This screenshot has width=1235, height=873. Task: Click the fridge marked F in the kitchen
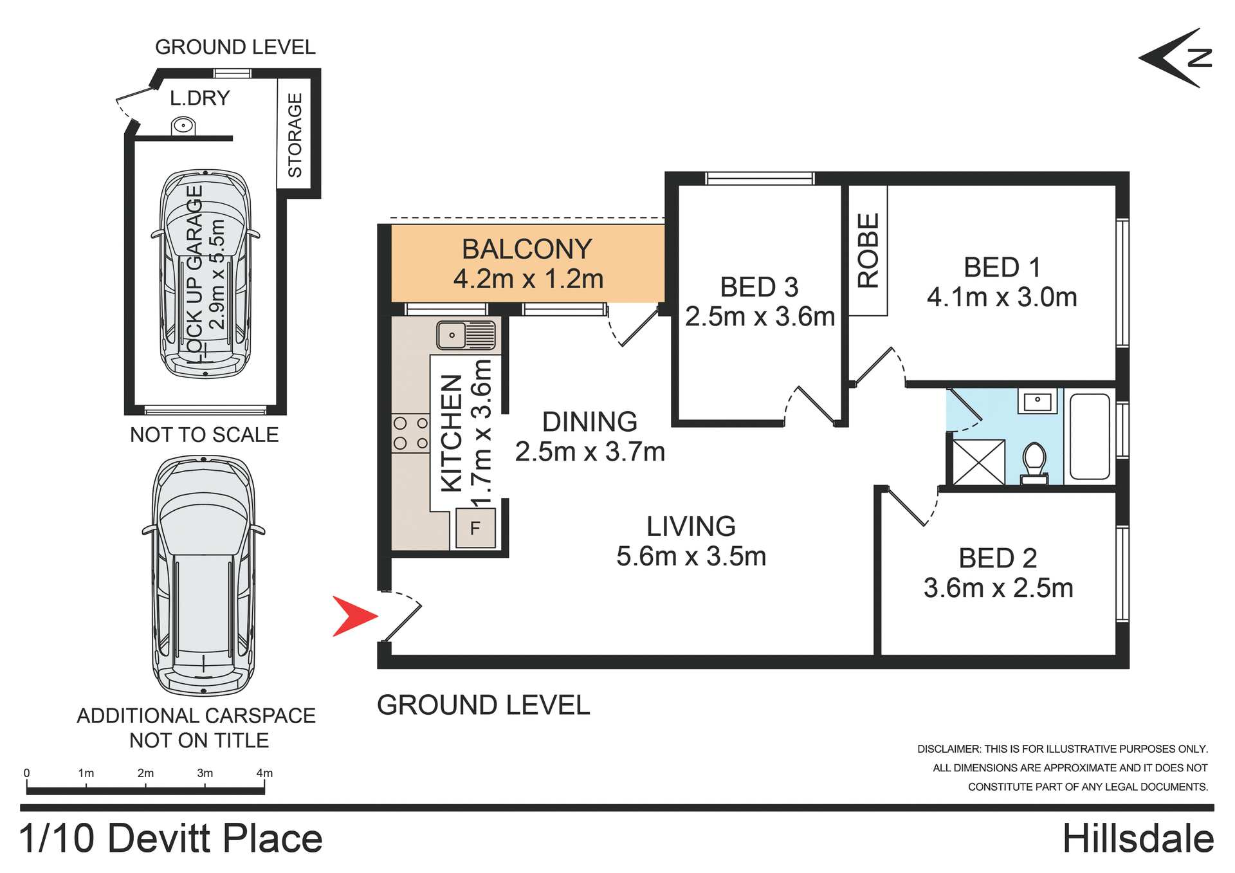click(475, 528)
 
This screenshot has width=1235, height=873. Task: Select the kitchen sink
click(466, 335)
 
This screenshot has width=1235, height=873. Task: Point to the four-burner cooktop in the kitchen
click(410, 433)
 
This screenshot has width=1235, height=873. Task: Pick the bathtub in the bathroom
click(1090, 437)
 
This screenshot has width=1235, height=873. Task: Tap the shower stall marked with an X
click(978, 462)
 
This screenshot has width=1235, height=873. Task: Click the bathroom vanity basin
click(1037, 402)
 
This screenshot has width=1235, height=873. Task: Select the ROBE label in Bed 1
click(868, 250)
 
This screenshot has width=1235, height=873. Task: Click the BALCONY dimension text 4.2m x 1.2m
click(528, 279)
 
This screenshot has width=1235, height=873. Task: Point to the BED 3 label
click(759, 287)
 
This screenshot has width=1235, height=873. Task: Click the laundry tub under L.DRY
click(183, 125)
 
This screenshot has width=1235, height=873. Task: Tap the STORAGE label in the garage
click(295, 135)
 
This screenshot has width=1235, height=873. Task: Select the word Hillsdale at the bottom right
click(1137, 839)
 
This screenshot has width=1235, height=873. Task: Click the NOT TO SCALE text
click(204, 435)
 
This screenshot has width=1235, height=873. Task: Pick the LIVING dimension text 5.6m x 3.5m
click(691, 556)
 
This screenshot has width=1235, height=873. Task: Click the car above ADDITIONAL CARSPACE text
click(203, 576)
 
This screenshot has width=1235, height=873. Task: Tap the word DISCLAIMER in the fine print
click(948, 749)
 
